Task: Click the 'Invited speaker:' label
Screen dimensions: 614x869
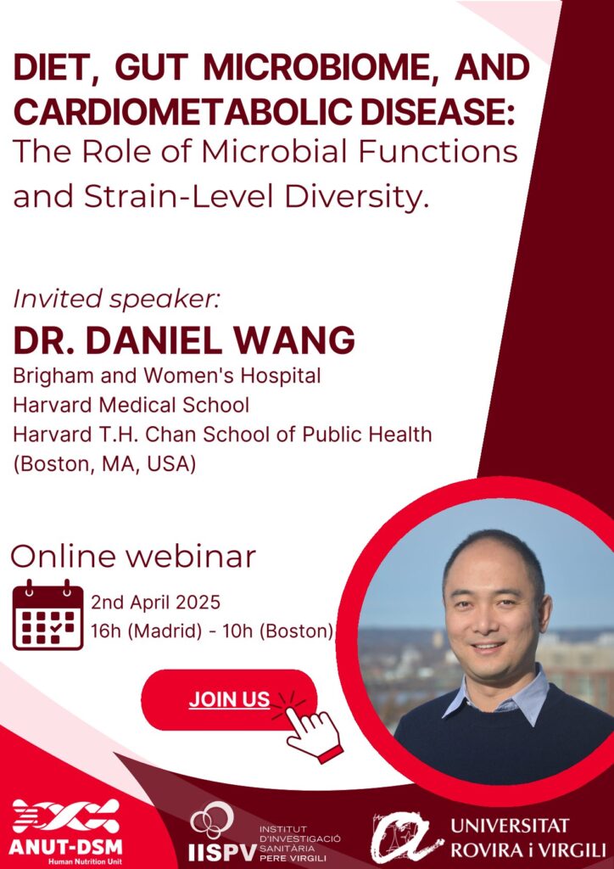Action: tap(117, 300)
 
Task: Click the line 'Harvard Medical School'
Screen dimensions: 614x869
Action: tap(131, 405)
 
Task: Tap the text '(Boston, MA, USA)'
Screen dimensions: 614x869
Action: tap(104, 464)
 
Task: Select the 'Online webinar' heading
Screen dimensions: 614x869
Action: tap(133, 557)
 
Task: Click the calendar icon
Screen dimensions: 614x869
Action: tap(48, 614)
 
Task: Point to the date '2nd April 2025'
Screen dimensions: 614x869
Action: tap(156, 602)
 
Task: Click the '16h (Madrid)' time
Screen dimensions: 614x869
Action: tap(146, 631)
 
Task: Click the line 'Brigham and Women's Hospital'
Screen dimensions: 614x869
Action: tap(167, 376)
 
